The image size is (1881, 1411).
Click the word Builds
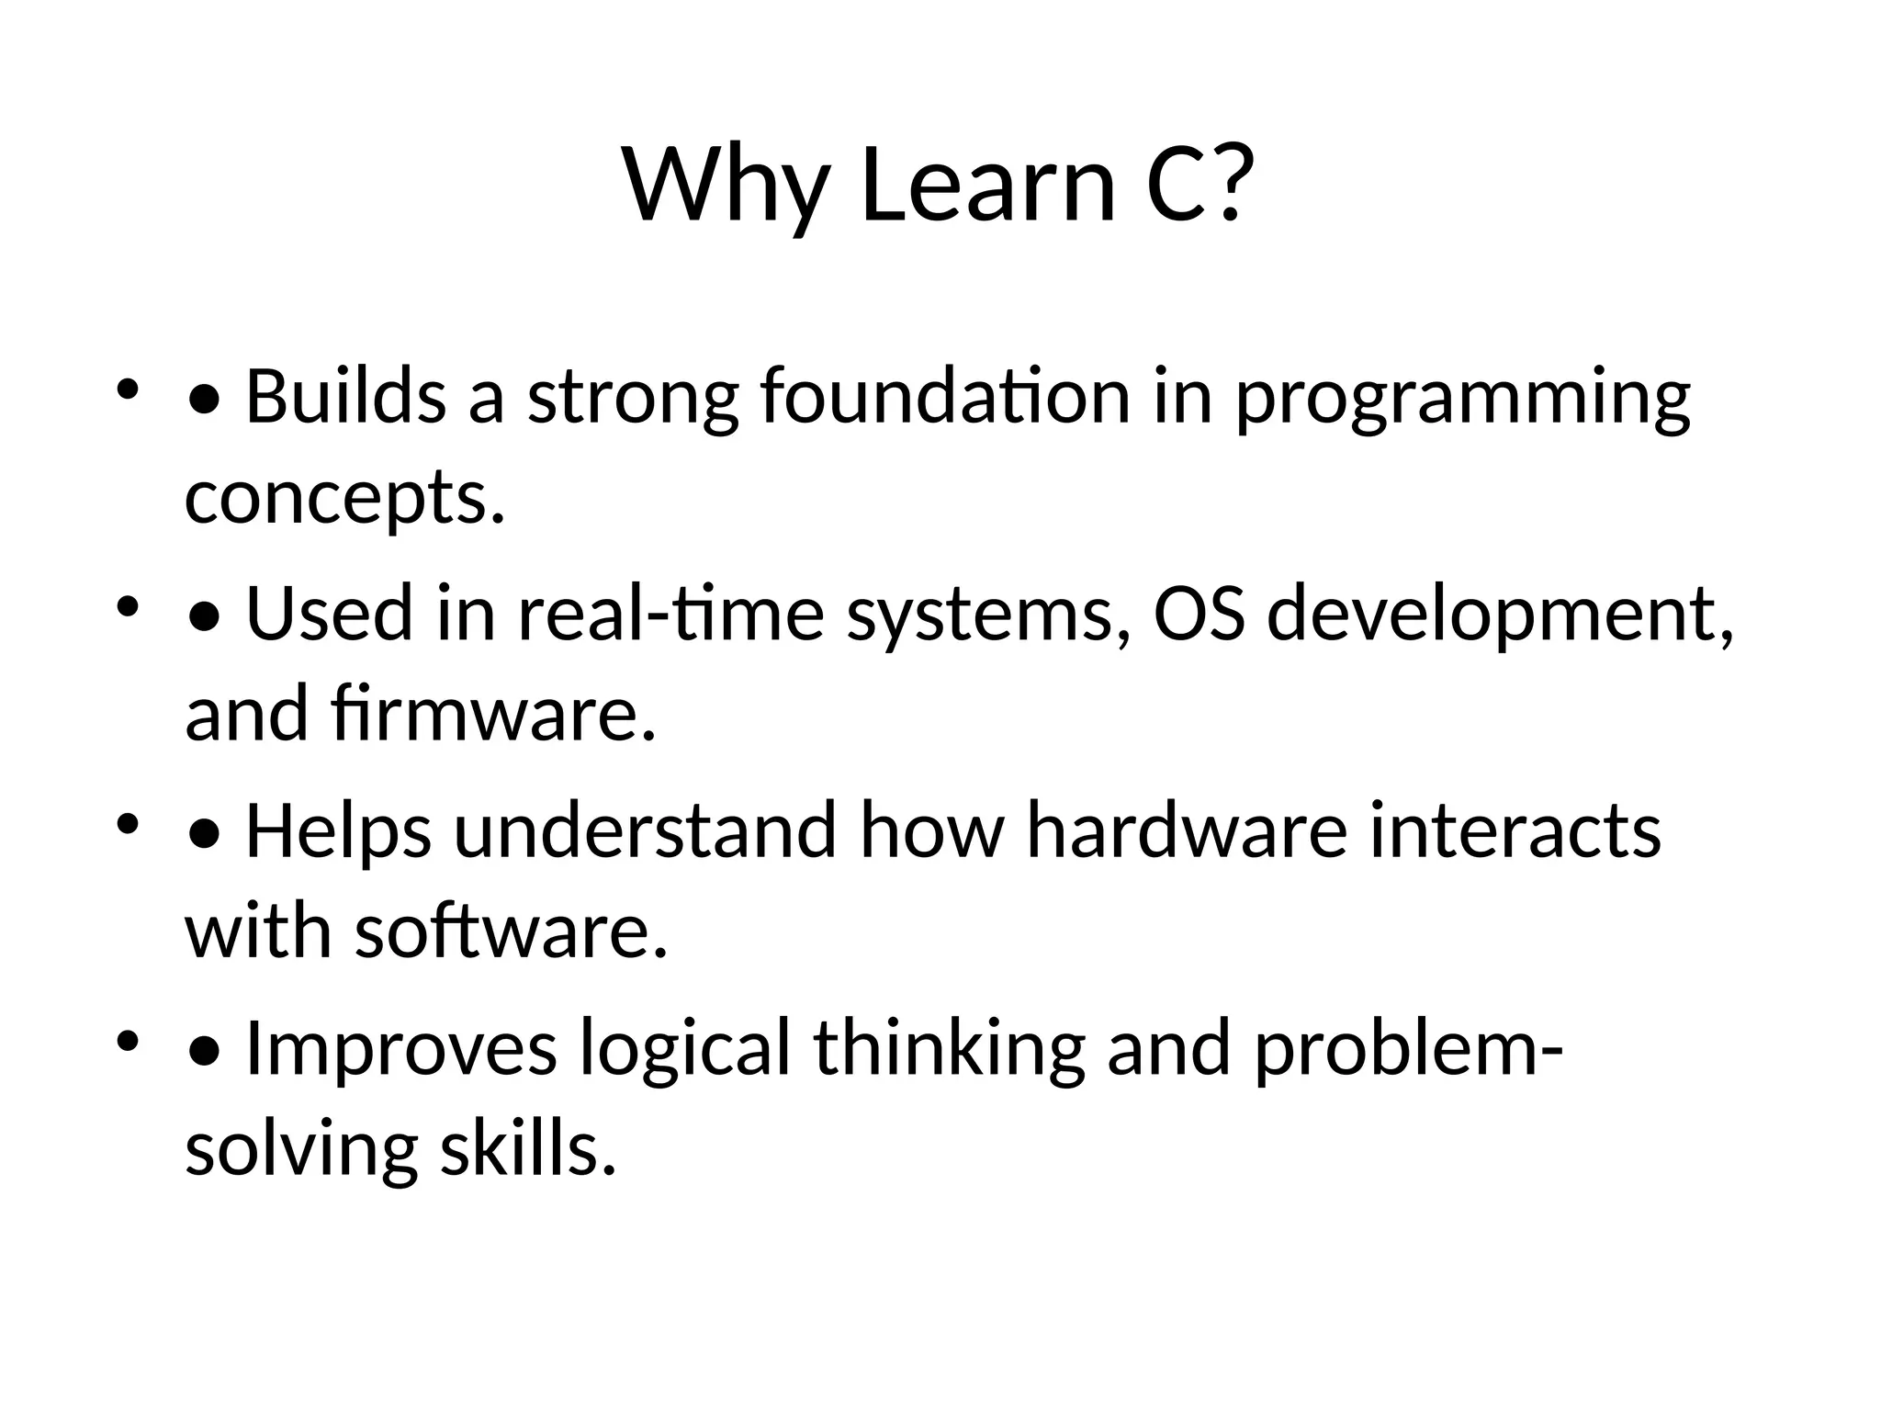(x=345, y=396)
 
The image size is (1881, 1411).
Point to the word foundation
(x=945, y=396)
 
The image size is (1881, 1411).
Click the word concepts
(x=345, y=498)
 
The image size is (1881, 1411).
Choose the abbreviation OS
(x=1199, y=614)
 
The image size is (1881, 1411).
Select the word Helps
(x=338, y=830)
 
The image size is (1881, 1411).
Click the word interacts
(x=1515, y=830)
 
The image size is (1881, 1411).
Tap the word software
(x=511, y=931)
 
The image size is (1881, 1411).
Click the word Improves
(x=401, y=1048)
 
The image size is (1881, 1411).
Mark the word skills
(x=527, y=1149)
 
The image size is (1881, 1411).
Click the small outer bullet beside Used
(x=127, y=606)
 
